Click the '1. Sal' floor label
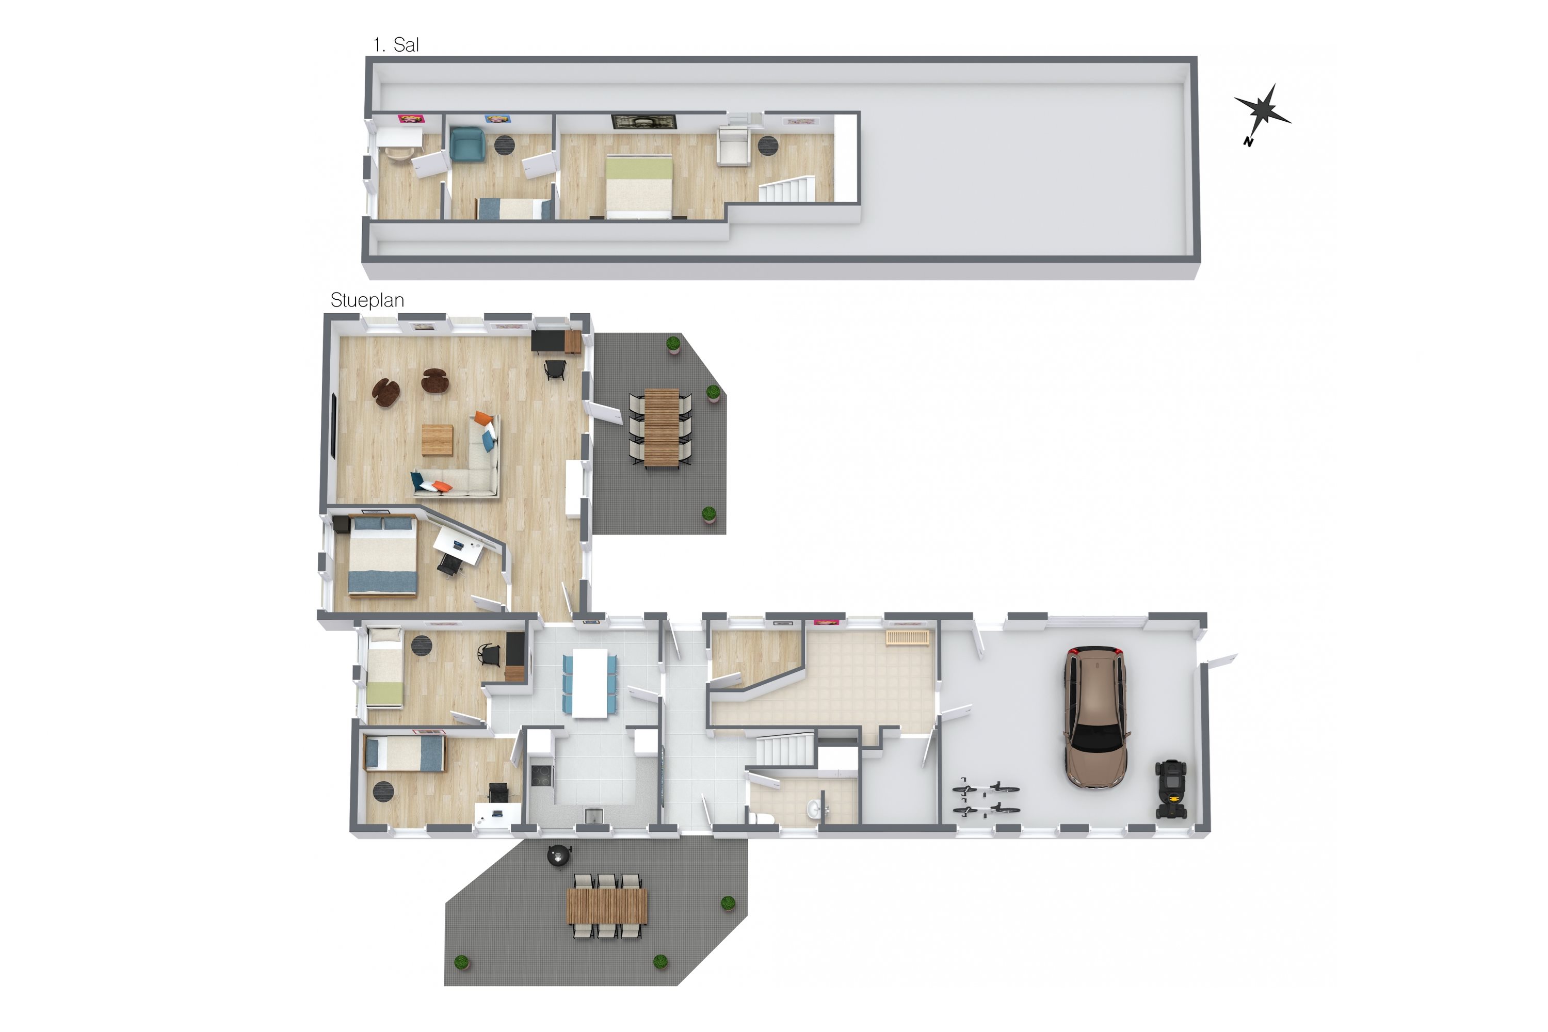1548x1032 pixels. [x=396, y=45]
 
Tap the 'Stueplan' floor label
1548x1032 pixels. [x=366, y=300]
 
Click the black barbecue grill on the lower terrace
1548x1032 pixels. [x=559, y=855]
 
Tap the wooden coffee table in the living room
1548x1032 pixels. [x=438, y=440]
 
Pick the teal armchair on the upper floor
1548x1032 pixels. [x=467, y=144]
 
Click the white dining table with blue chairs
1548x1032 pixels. [x=590, y=683]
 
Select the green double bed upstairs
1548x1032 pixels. [x=638, y=186]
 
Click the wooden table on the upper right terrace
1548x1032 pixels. [x=662, y=428]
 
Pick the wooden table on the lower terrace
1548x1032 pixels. [x=607, y=906]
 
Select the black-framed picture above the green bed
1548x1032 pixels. [x=644, y=122]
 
